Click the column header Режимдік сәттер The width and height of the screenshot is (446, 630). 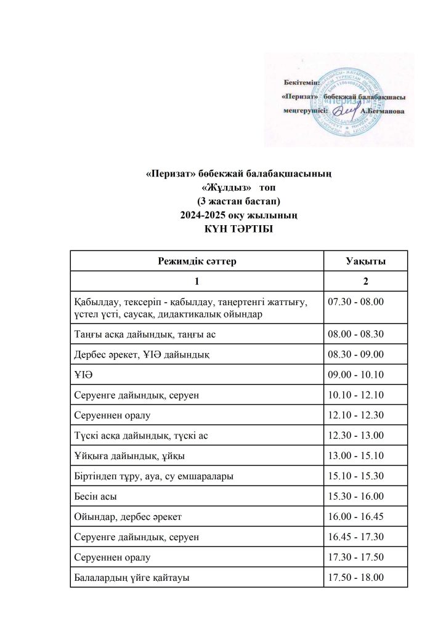tap(197, 261)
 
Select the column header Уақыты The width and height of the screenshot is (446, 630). tap(365, 261)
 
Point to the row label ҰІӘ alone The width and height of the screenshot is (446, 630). tap(83, 375)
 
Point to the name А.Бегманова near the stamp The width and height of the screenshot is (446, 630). tap(383, 112)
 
